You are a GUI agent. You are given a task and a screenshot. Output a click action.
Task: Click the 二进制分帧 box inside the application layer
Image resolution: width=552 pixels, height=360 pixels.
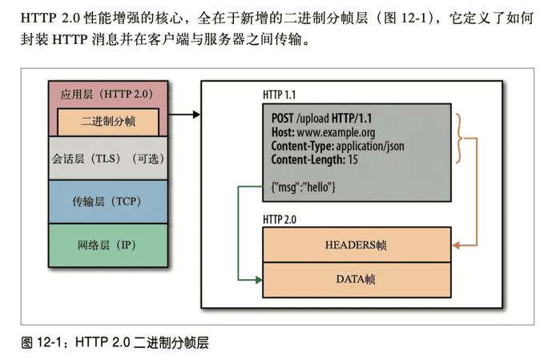pyautogui.click(x=108, y=122)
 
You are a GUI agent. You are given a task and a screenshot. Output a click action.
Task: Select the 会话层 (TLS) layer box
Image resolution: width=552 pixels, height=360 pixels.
pyautogui.click(x=108, y=159)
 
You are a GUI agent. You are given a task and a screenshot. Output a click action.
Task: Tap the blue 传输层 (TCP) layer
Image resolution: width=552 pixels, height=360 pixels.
pyautogui.click(x=108, y=202)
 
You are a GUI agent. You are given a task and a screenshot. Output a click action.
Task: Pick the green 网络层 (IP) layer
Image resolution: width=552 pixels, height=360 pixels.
pyautogui.click(x=108, y=245)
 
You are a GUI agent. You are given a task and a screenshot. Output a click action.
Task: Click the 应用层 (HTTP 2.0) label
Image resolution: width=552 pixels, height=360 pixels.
pyautogui.click(x=107, y=95)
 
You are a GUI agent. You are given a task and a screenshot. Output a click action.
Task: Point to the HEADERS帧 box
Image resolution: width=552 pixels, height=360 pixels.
pyautogui.click(x=357, y=245)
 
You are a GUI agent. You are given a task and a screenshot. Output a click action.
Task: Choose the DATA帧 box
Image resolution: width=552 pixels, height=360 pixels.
pyautogui.click(x=357, y=280)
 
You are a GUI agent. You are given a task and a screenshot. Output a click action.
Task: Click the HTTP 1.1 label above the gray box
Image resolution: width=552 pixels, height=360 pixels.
pyautogui.click(x=279, y=95)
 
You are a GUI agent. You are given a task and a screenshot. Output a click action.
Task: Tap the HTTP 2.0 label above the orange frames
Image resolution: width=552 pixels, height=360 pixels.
pyautogui.click(x=280, y=220)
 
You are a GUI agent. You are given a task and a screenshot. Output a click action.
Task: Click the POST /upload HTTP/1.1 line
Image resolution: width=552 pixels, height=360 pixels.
pyautogui.click(x=321, y=119)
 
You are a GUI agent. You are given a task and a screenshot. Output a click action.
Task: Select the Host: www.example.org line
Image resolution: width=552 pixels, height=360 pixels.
pyautogui.click(x=323, y=132)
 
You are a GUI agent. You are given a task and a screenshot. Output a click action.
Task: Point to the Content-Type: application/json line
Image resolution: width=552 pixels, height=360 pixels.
pyautogui.click(x=337, y=146)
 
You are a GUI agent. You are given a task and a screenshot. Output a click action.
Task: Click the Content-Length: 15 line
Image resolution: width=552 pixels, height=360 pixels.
pyautogui.click(x=314, y=160)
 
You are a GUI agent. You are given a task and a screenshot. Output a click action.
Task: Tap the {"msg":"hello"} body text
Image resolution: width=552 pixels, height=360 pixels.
pyautogui.click(x=303, y=187)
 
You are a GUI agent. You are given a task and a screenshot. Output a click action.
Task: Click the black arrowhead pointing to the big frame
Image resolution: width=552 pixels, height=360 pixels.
pyautogui.click(x=196, y=114)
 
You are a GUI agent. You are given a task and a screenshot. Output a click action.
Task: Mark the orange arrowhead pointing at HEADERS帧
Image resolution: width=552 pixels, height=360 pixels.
pyautogui.click(x=456, y=245)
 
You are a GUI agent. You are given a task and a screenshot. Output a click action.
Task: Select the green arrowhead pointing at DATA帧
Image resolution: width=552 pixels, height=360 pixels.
pyautogui.click(x=259, y=280)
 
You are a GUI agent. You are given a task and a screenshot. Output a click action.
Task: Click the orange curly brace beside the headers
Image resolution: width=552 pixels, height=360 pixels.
pyautogui.click(x=459, y=138)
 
